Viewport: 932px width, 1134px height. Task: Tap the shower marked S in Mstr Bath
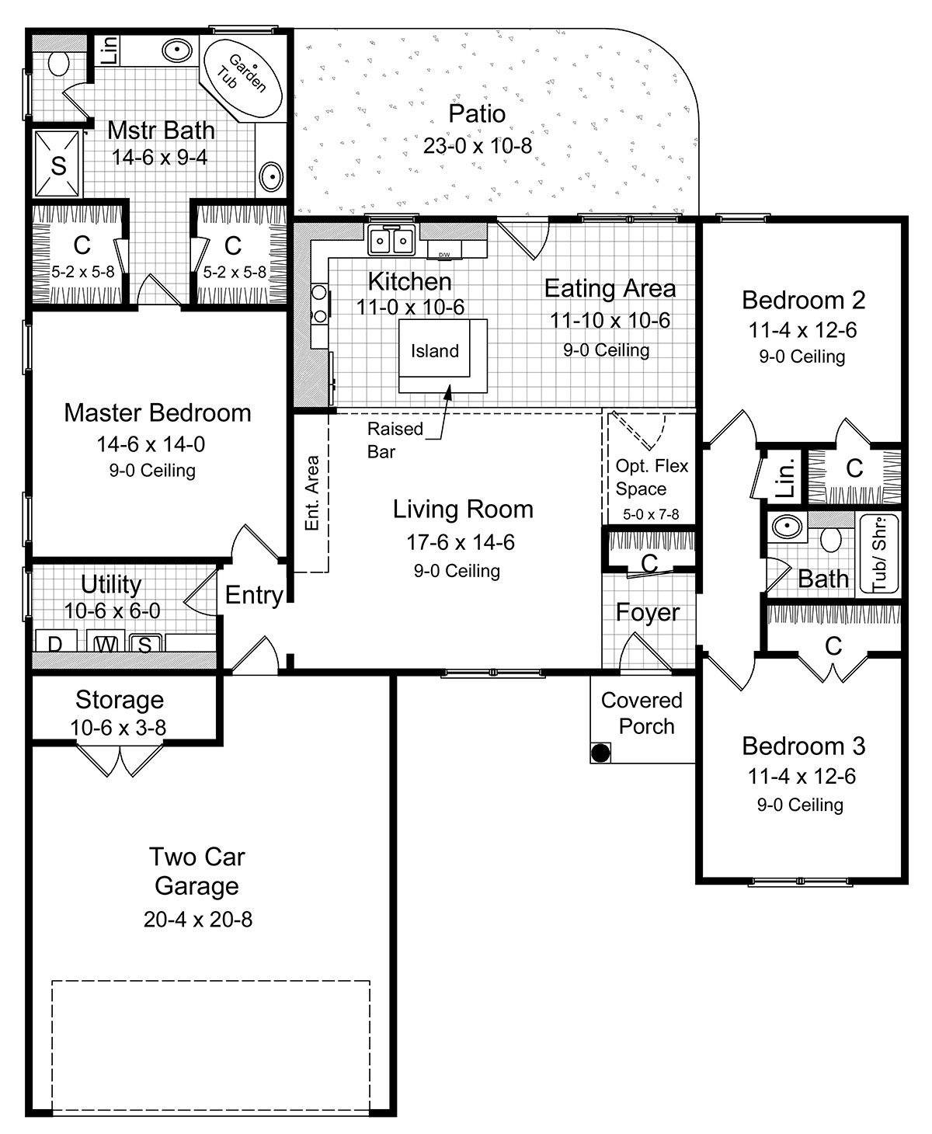58,165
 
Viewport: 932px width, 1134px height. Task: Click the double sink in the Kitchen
391,241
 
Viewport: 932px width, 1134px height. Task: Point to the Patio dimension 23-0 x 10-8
477,145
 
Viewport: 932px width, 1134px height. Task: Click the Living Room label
463,510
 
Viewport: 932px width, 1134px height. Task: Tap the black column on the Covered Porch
600,752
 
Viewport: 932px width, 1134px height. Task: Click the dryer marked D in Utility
55,643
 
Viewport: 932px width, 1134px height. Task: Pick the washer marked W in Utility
105,643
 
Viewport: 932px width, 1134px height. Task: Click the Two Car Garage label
197,871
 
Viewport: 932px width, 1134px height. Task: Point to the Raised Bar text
395,440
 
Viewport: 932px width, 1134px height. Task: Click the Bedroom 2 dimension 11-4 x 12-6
802,330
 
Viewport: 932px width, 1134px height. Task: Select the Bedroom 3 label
803,746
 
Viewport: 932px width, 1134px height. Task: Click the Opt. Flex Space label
651,477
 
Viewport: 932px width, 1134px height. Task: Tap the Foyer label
648,613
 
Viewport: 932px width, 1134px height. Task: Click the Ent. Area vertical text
312,493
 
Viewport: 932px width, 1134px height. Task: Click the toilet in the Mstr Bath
58,62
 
